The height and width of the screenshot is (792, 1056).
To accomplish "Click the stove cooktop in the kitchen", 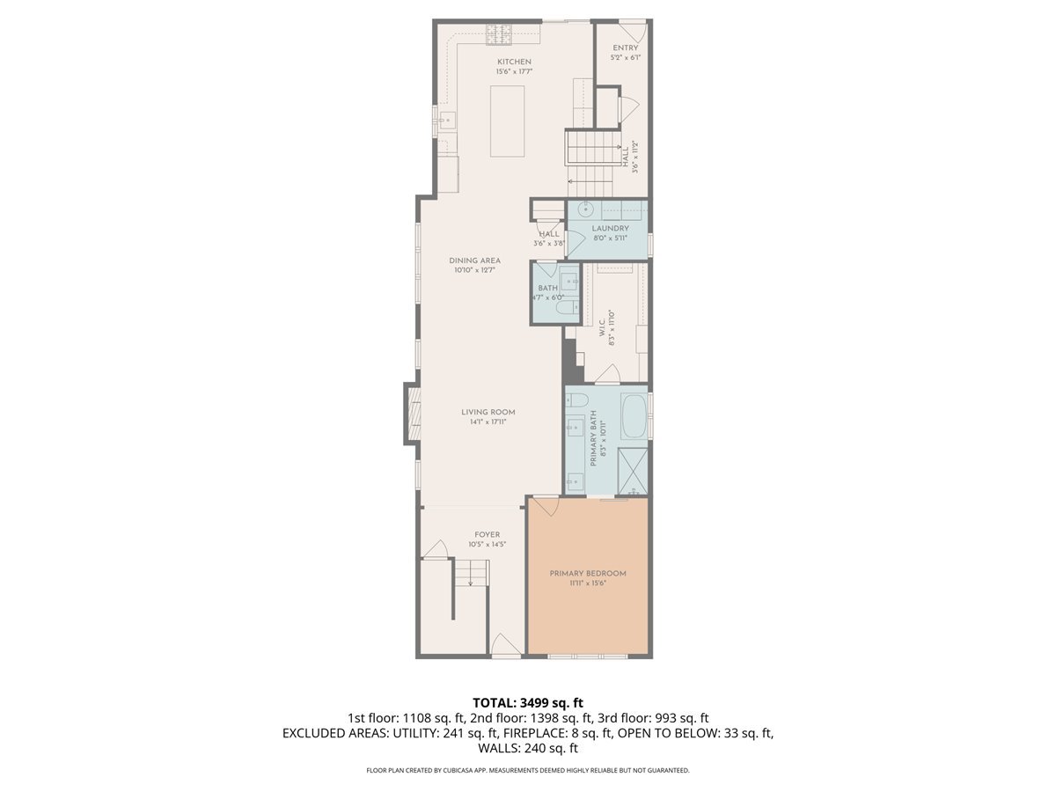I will point(499,33).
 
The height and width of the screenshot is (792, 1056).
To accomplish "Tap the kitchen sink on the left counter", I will point(445,120).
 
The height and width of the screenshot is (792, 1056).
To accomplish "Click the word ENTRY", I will point(626,48).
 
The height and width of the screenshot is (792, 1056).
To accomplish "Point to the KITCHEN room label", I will point(514,62).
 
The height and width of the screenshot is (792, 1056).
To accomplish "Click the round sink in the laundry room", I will point(584,210).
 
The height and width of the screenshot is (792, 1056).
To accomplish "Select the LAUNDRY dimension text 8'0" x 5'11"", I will point(610,238).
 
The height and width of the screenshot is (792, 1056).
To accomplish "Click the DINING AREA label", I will point(474,260).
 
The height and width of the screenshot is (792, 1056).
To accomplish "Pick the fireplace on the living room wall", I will point(411,412).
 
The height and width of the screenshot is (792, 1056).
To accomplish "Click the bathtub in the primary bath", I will point(633,417).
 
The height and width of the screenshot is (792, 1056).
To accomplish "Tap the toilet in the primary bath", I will point(578,401).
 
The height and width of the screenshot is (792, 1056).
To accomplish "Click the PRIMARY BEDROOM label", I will point(588,574).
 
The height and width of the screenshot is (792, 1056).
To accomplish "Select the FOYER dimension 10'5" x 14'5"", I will point(487,545).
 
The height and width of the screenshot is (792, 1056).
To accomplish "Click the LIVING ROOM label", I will point(488,412).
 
